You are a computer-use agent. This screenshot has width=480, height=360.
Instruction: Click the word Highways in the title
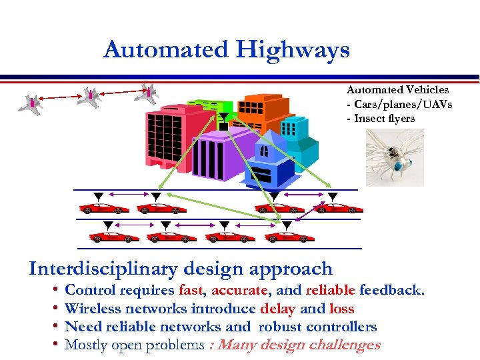[297, 49]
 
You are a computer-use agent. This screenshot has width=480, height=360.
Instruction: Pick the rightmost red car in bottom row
[289, 237]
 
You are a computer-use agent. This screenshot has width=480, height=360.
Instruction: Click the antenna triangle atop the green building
[224, 117]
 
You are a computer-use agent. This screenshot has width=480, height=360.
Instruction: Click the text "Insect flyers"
[384, 119]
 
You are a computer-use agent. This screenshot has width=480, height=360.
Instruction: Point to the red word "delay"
[278, 309]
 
